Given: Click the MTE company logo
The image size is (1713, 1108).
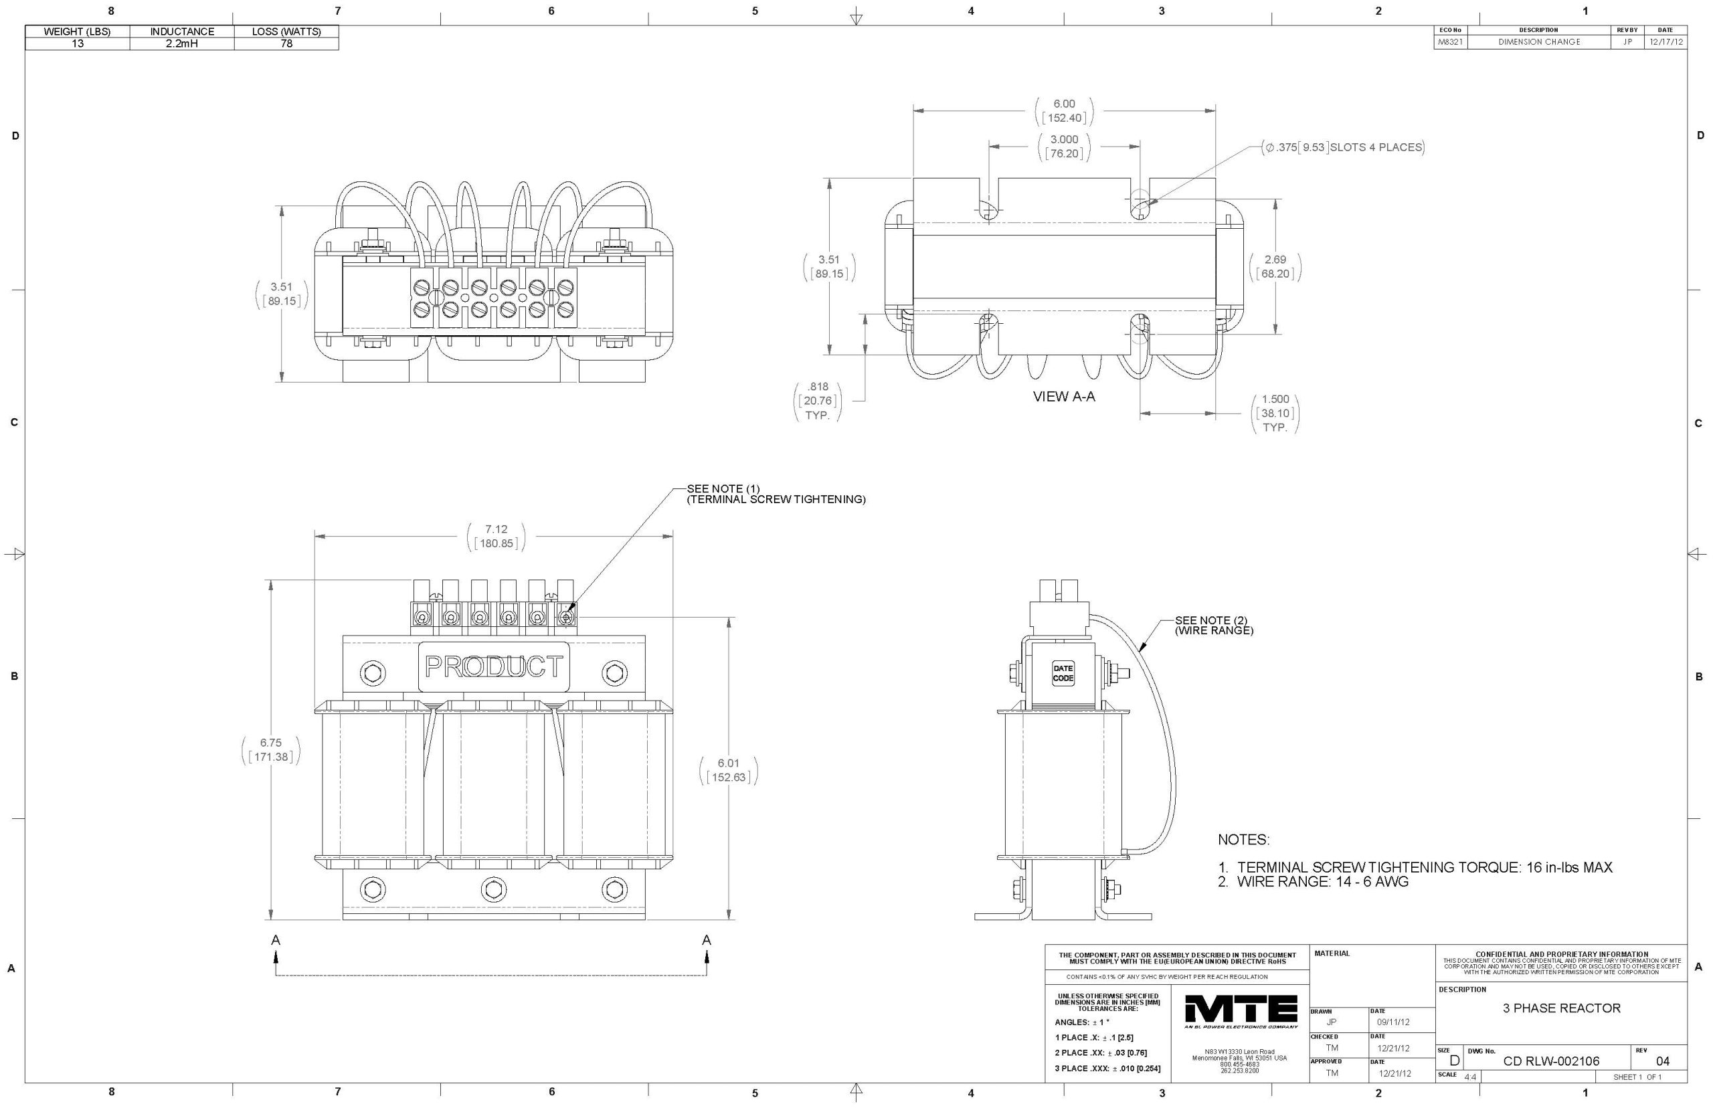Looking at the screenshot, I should coord(1241,1012).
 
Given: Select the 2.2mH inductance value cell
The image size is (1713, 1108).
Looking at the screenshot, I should coord(182,44).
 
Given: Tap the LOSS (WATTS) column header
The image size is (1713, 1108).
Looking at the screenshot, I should coord(286,31).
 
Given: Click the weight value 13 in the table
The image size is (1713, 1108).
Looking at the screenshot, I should coord(78,44).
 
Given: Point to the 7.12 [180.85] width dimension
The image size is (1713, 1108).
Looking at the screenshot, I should coord(497,536).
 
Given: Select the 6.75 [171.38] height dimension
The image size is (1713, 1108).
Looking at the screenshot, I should coord(271,749).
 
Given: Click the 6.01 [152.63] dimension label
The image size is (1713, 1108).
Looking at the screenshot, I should coord(728,770).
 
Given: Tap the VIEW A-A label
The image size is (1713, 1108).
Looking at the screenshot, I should coord(1063,397).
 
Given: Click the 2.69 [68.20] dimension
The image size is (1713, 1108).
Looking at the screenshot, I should coord(1275,266).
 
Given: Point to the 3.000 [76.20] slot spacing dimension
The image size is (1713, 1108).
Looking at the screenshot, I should coord(1064,146).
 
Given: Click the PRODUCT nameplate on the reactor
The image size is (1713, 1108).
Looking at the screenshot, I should coord(494,666).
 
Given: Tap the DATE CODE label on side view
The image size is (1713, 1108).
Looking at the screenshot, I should coord(1063,674).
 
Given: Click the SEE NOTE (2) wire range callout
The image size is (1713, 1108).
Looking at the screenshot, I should coord(1214,625).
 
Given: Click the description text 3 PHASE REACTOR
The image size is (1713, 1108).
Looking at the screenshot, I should coord(1561,1008).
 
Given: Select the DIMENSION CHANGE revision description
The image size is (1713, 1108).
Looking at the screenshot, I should coord(1539,41).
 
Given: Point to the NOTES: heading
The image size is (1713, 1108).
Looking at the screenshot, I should coord(1243,840).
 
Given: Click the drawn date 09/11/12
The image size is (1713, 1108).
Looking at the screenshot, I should coord(1393,1022).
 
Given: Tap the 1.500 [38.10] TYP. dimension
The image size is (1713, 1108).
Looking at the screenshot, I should coord(1275,413).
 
